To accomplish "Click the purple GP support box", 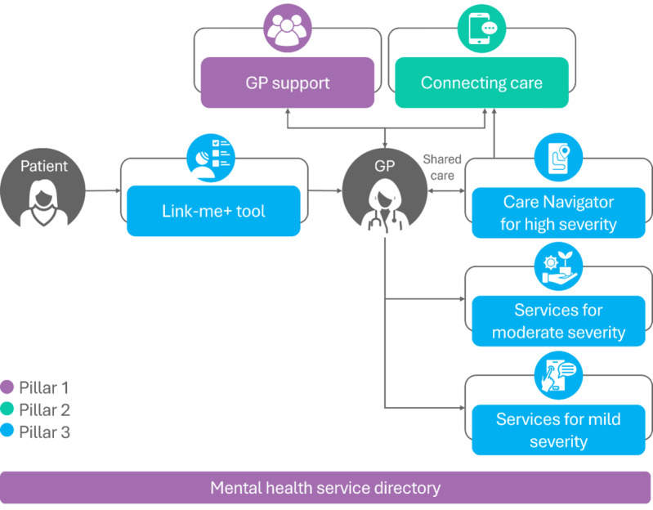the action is [x=288, y=83].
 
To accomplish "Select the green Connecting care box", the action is [x=481, y=83].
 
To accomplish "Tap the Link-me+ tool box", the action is [x=213, y=211].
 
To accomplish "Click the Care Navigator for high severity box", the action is [x=558, y=212].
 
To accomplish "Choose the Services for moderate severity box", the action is [x=558, y=321].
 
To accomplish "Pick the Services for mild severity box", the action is [x=558, y=430].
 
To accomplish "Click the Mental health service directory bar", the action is [x=325, y=487].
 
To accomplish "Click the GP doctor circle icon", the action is [x=385, y=190].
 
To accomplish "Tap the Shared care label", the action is [x=442, y=168].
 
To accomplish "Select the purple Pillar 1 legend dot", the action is [x=7, y=387].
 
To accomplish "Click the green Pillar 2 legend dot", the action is [x=7, y=409].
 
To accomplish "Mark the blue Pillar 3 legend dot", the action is [x=7, y=431].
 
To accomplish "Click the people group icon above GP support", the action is [x=288, y=29].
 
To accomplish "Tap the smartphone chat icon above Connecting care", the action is [x=481, y=29].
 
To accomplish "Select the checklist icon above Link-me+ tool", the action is [x=211, y=158].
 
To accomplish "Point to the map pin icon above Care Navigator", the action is [x=558, y=158].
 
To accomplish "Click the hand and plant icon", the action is [x=558, y=266].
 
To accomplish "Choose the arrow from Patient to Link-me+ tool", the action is [x=103, y=190].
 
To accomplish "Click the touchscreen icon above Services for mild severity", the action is [x=558, y=375].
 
